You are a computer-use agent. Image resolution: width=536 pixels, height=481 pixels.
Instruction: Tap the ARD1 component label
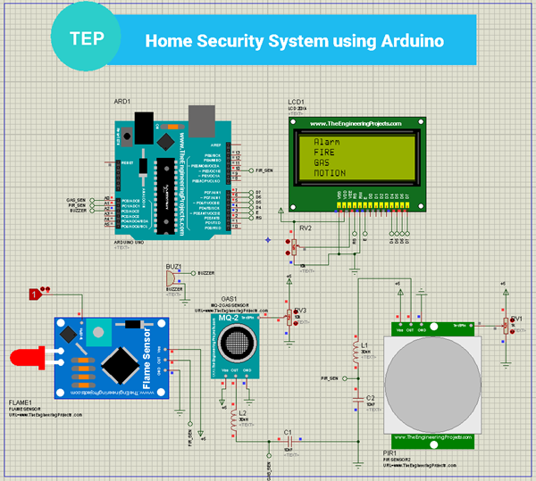pyautogui.click(x=121, y=102)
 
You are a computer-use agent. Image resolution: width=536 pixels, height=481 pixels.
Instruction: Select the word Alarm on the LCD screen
pyautogui.click(x=326, y=142)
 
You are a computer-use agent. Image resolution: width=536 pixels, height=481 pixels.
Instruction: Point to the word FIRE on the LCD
pyautogui.click(x=323, y=153)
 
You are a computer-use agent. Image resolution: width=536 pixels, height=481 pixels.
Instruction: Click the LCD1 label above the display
pyautogui.click(x=297, y=102)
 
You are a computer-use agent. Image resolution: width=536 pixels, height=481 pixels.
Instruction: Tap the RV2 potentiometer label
pyautogui.click(x=306, y=228)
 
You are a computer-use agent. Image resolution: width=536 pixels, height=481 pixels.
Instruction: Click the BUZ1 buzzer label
pyautogui.click(x=173, y=266)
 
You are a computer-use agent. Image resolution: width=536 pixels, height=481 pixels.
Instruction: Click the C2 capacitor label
pyautogui.click(x=370, y=398)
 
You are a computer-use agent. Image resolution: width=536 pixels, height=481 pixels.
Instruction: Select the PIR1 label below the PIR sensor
pyautogui.click(x=390, y=453)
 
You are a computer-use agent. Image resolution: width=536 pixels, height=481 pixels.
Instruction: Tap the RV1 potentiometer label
pyautogui.click(x=516, y=318)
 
